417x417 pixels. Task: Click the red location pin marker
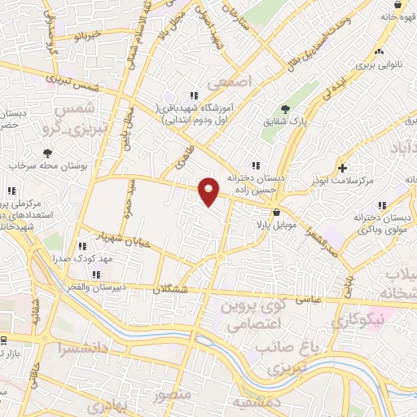pos(209,191)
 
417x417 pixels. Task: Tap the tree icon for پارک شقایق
pos(285,109)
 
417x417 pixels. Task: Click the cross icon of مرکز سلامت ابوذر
pos(343,168)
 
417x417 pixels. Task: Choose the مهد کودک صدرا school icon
pos(81,246)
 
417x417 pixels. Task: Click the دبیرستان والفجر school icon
pos(97,274)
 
